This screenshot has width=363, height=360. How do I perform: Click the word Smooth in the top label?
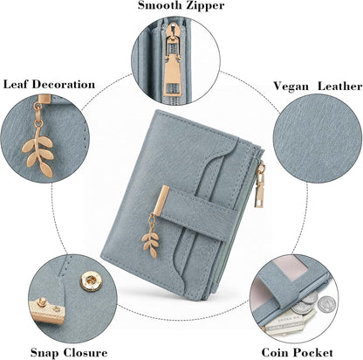pos(159,5)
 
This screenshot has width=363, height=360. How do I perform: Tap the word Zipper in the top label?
pos(204,6)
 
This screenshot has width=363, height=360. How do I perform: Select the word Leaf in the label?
pos(16,85)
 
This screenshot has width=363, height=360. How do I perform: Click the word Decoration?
pos(64,85)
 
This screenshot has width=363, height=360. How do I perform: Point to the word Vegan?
pos(291,87)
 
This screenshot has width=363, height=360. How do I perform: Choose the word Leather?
pos(339,86)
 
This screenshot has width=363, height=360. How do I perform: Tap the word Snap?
pos(45,353)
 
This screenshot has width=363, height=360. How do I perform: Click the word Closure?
pos(86,353)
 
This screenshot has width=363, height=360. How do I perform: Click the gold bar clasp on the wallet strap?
pos(161,201)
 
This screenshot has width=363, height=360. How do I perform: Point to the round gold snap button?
pos(92,281)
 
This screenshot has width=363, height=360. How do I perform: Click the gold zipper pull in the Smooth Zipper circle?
pos(171,61)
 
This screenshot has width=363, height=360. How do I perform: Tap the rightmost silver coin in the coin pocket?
pos(326,304)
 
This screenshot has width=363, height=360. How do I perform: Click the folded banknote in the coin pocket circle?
pos(286,322)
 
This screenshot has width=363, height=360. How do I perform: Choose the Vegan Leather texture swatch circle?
pos(318,139)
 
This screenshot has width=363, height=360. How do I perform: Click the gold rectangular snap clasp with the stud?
pos(47,310)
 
